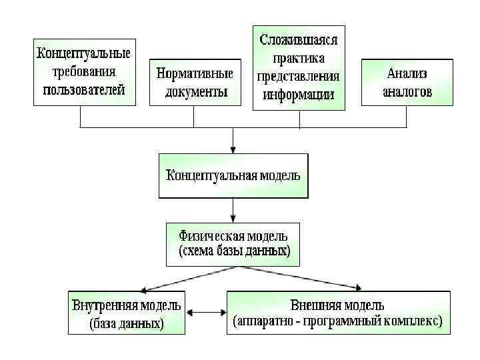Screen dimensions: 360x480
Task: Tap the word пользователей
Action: point(84,89)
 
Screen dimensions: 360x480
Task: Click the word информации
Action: point(299,94)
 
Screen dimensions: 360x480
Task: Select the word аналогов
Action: point(407,91)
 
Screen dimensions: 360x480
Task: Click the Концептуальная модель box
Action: point(233,176)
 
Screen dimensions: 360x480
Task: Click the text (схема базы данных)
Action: point(234,252)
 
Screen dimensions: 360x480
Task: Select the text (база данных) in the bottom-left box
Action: point(127,325)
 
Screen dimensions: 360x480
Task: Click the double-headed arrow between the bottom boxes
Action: point(206,312)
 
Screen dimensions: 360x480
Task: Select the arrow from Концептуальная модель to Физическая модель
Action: point(233,210)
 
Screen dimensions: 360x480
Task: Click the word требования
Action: point(84,71)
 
